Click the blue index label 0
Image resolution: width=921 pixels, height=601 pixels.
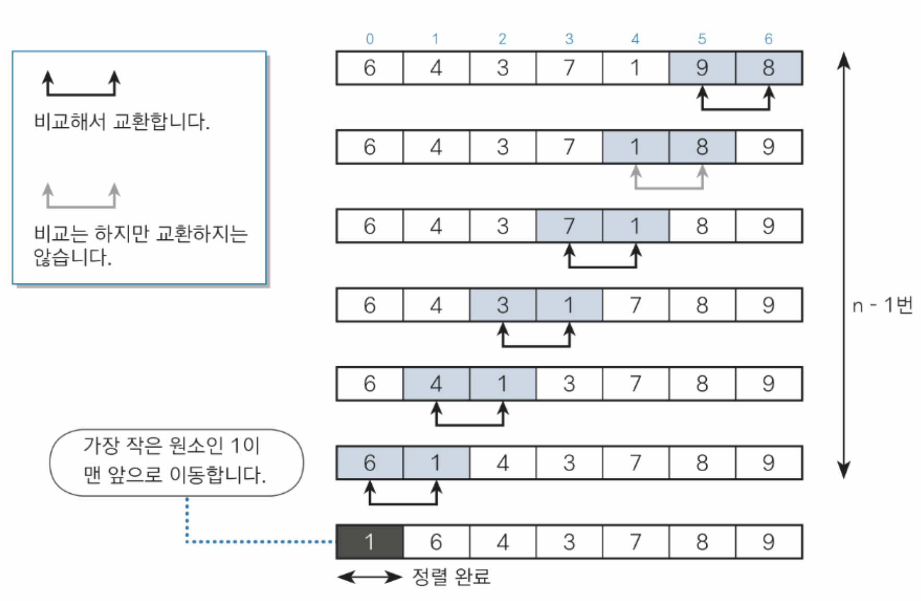[x=370, y=39]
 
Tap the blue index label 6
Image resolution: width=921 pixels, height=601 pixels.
[x=768, y=39]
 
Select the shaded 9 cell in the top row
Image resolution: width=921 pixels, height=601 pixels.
[x=702, y=68]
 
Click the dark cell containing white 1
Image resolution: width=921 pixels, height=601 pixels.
[x=370, y=542]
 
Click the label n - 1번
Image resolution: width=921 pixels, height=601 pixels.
[x=882, y=305]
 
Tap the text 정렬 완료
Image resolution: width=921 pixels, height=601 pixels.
[x=451, y=576]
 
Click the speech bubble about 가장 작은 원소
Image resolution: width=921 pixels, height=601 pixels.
[x=176, y=461]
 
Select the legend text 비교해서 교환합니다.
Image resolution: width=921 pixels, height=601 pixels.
[x=121, y=122]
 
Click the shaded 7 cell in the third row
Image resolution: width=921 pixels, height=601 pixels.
[x=569, y=226]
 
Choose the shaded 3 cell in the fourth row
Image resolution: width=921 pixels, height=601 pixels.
[x=502, y=305]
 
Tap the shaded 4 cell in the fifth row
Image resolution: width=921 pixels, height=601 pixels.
[x=436, y=384]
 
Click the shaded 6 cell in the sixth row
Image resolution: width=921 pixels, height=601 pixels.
[x=370, y=463]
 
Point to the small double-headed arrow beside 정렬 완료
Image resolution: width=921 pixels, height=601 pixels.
[x=370, y=577]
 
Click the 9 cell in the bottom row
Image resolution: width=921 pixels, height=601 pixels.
[x=768, y=542]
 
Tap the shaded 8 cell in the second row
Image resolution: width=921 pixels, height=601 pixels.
[x=702, y=147]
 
